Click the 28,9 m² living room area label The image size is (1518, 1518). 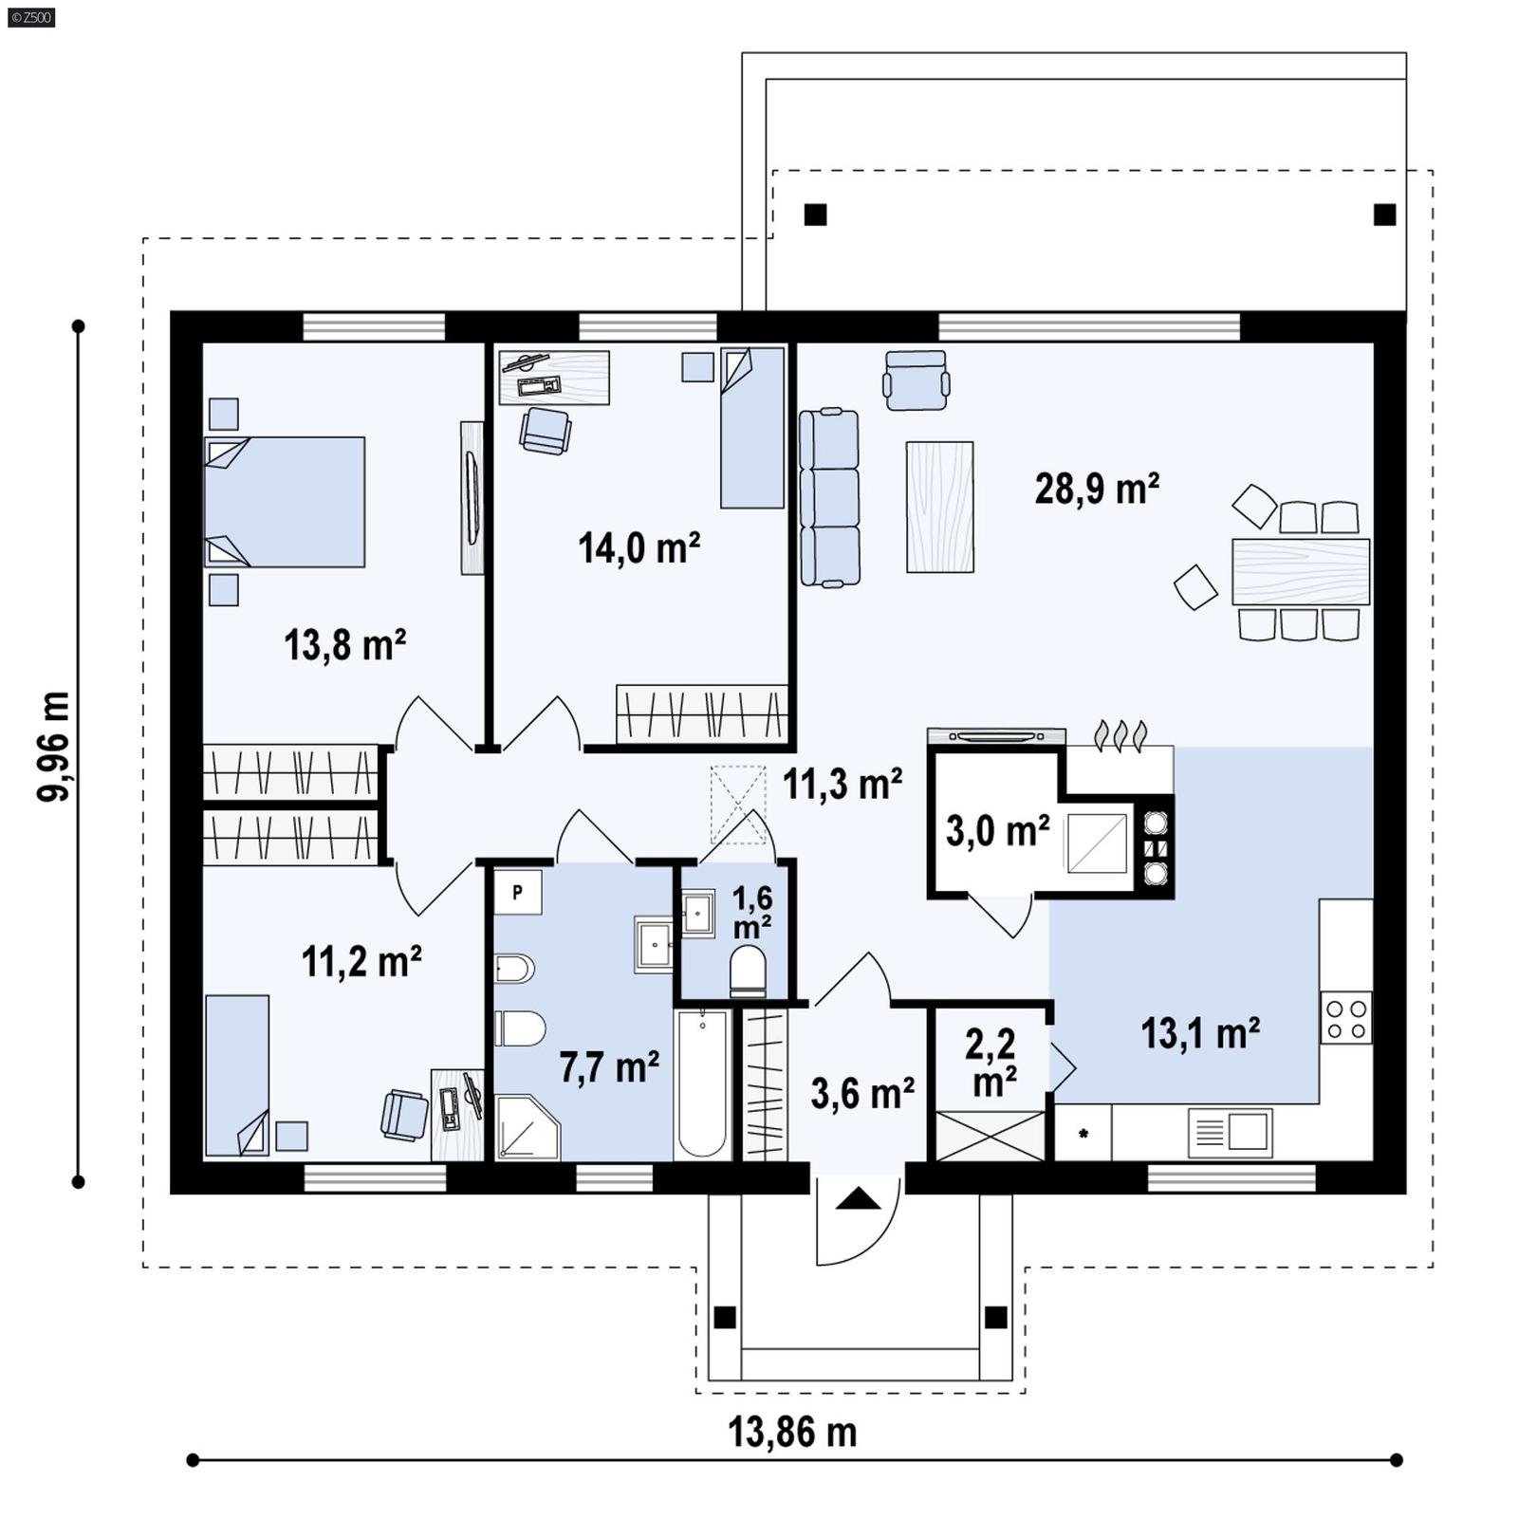[x=1096, y=490]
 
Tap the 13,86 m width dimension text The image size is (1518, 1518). [x=792, y=1432]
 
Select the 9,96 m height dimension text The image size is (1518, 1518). [x=54, y=747]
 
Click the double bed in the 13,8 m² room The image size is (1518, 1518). [x=285, y=502]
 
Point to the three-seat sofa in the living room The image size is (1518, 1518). [x=829, y=497]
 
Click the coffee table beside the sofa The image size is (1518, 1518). [x=939, y=507]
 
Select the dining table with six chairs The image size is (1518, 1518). [x=1300, y=571]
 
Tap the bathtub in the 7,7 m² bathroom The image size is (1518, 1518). [x=702, y=1084]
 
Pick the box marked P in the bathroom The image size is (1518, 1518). [x=517, y=892]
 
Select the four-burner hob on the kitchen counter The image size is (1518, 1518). [x=1346, y=1018]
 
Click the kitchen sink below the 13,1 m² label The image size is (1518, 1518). [x=1231, y=1132]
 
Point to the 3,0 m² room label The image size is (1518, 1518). [x=997, y=830]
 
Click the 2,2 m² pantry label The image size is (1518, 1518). [x=990, y=1062]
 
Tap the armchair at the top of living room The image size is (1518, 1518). [x=916, y=380]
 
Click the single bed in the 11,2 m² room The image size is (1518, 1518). [x=237, y=1074]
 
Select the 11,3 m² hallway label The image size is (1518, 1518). [x=842, y=784]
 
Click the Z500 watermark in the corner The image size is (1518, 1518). [x=30, y=16]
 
